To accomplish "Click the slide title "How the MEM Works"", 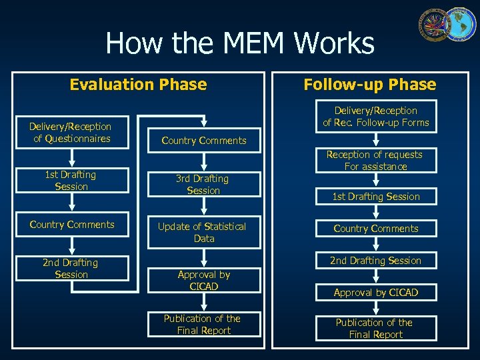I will click(240, 44).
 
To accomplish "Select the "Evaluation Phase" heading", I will click(138, 85).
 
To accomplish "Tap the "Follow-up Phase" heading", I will click(369, 85).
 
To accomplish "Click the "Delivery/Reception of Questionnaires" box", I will click(71, 132).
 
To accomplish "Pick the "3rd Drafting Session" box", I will click(203, 185).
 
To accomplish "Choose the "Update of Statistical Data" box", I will click(203, 232).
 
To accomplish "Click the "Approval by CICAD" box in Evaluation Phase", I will click(203, 280).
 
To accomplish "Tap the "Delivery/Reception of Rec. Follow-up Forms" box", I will click(376, 117).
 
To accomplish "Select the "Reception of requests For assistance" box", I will click(375, 161).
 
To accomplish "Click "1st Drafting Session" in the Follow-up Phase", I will click(376, 197).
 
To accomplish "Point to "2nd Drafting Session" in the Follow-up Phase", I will click(376, 261).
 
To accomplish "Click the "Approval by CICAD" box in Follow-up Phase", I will click(376, 293).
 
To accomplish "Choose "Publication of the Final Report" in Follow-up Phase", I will click(376, 329).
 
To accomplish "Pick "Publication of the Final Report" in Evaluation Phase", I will click(203, 325).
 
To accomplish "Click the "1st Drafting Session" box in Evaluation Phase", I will click(71, 181).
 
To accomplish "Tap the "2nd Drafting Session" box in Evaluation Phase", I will click(71, 269).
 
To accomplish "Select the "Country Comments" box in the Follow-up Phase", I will click(376, 229).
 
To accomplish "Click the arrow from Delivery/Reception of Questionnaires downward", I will click(71, 157).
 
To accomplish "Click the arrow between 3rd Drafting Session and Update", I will click(203, 207).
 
